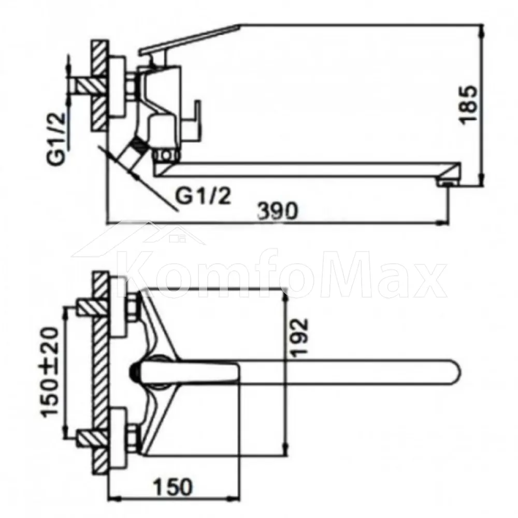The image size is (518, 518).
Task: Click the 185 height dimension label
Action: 468,105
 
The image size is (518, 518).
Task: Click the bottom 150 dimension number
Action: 172,486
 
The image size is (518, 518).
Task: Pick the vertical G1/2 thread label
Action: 55,139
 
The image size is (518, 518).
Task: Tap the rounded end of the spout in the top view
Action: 455,371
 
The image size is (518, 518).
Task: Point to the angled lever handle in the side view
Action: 189,38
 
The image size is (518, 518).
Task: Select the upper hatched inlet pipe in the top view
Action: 90,307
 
